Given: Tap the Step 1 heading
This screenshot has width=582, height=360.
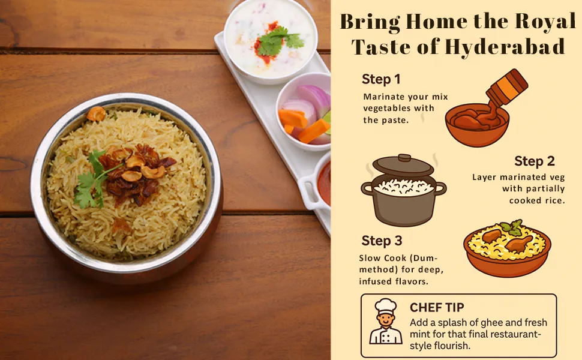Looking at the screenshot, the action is (381, 79).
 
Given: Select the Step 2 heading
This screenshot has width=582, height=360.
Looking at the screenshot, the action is (535, 161).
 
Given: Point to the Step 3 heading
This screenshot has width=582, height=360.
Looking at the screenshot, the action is (382, 241).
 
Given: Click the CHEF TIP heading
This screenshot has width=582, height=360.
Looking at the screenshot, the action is (437, 307).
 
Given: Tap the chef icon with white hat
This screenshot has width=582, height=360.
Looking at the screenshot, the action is (386, 322).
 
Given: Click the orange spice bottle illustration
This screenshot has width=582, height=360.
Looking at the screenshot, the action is (508, 87).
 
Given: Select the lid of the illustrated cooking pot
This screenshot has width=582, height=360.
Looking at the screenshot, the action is (403, 165).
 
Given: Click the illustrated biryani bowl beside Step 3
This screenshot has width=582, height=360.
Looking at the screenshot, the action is (508, 248).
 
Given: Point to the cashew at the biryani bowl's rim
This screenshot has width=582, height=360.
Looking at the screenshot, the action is (96, 113).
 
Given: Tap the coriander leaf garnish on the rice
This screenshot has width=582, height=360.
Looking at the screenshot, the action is (93, 181).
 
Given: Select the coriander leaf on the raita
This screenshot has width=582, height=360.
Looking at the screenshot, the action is (278, 40).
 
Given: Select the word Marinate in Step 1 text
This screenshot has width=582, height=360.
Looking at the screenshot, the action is (384, 97).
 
